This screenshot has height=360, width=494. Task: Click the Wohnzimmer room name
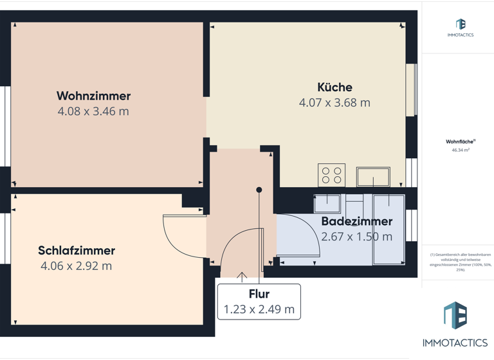[x=93, y=96]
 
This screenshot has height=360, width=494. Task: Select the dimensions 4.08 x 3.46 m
[x=93, y=111]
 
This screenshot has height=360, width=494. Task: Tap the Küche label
[x=334, y=87]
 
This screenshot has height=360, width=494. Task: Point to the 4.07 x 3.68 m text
[x=334, y=102]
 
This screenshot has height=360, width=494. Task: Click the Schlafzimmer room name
[x=76, y=251]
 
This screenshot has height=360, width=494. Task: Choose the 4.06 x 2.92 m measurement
[x=76, y=266]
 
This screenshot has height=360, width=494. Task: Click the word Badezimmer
[x=356, y=221]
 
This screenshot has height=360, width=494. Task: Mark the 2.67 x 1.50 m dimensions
[x=356, y=237]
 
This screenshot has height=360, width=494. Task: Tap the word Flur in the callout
[x=259, y=294]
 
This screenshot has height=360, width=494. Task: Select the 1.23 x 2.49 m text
[x=259, y=310]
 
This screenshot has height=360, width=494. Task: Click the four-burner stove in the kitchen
[x=331, y=175]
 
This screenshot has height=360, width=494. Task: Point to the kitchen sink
[x=373, y=176]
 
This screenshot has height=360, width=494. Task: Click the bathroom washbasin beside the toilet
[x=327, y=204]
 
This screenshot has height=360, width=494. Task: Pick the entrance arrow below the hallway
[x=242, y=277]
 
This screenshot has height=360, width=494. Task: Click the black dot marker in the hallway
[x=259, y=190]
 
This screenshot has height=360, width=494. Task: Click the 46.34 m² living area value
[x=460, y=150]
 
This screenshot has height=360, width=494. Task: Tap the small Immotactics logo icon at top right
[x=460, y=24]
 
